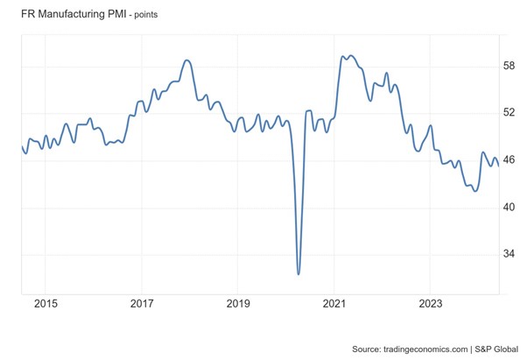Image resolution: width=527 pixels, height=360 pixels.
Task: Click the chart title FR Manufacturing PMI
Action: [70, 14]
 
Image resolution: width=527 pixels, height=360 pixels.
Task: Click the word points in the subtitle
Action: [161, 15]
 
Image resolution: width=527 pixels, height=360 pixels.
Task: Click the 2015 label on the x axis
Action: [46, 304]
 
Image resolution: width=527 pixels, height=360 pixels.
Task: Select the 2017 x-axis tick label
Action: [142, 304]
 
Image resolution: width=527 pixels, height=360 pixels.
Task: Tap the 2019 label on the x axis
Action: [238, 304]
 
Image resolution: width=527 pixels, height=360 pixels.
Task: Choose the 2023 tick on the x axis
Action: [430, 304]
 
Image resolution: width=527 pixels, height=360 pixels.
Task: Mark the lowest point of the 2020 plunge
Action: [299, 274]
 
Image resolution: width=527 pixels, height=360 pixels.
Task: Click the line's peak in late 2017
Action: [186, 60]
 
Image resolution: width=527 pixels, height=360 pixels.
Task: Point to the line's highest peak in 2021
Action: [351, 55]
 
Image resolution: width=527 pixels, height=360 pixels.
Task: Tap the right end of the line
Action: [498, 166]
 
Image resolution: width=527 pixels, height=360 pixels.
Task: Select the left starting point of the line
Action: [21, 146]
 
